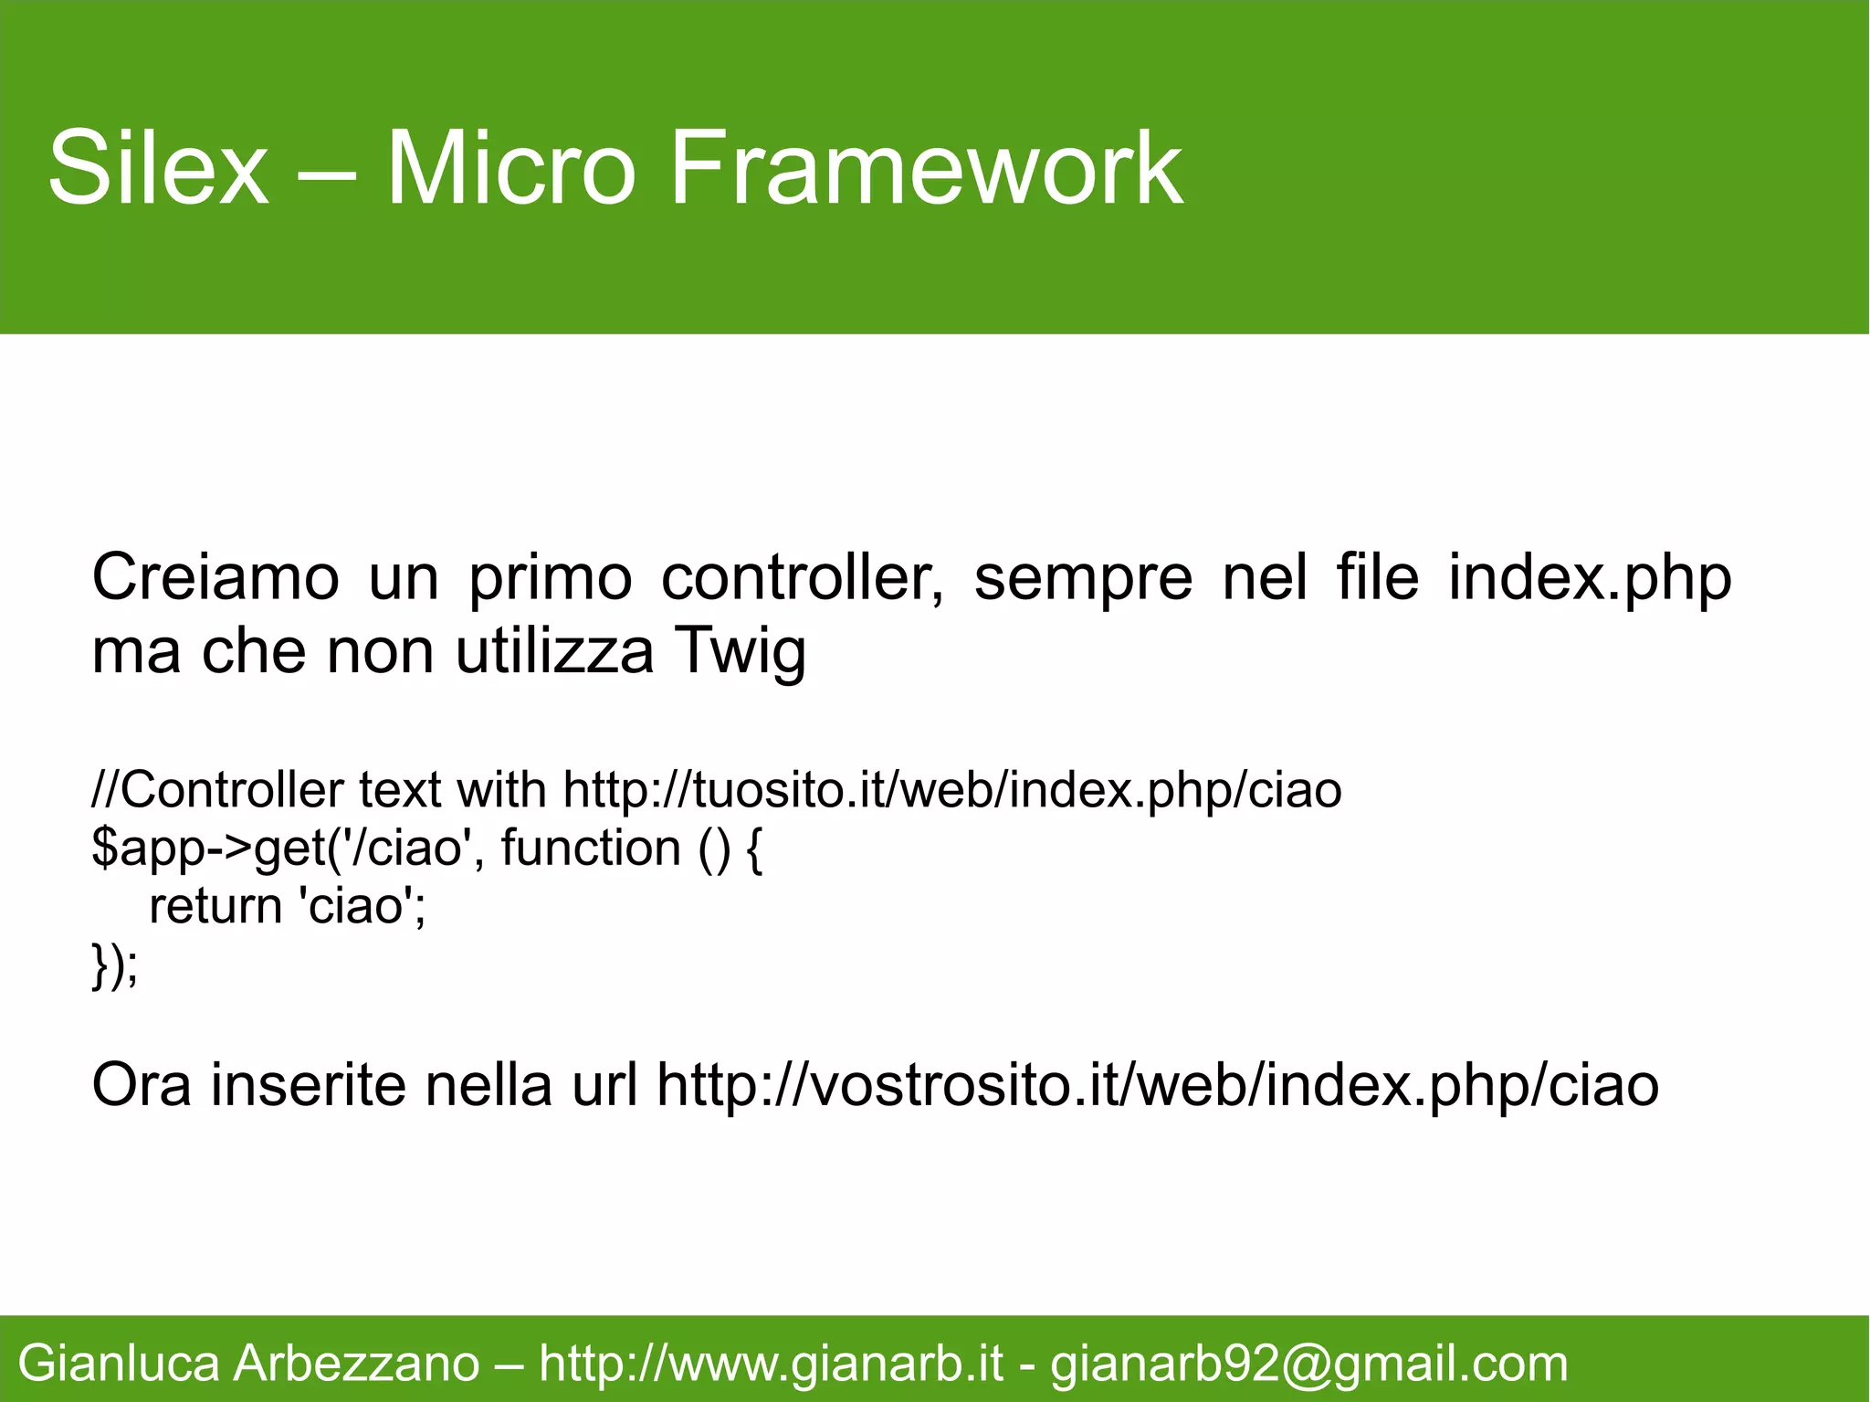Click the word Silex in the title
click(158, 169)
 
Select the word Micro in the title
click(510, 169)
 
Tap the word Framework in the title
click(926, 169)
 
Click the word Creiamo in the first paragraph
click(215, 577)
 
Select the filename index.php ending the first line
click(1590, 579)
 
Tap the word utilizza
click(554, 651)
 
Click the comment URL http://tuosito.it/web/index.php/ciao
click(952, 790)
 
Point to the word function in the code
click(591, 848)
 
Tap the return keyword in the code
click(215, 906)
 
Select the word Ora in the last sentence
click(142, 1085)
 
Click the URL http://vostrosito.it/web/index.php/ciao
click(1157, 1085)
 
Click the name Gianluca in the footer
click(119, 1364)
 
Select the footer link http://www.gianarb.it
click(771, 1364)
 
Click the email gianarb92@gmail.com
click(1308, 1364)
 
